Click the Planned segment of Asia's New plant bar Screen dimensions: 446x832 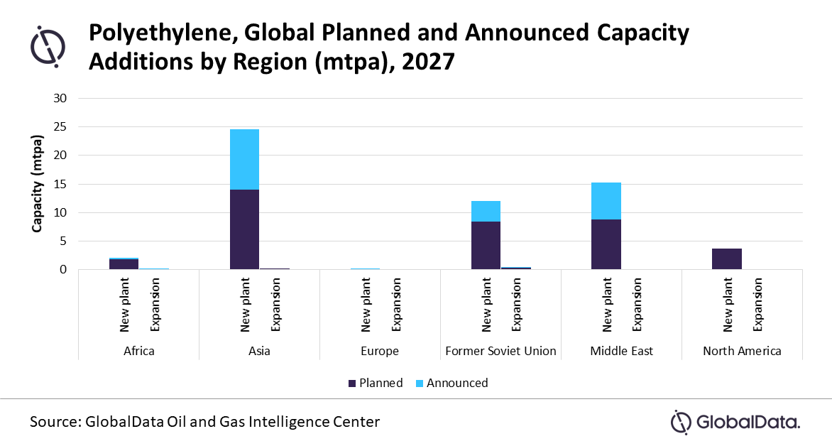(x=244, y=229)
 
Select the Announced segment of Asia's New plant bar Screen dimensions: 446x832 (x=244, y=159)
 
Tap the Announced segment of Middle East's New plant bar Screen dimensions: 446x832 (x=606, y=201)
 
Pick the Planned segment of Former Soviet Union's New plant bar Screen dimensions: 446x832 (x=486, y=245)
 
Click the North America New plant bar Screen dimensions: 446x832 (x=726, y=259)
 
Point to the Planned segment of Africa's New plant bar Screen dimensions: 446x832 (x=124, y=264)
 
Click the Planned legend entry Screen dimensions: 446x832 (x=376, y=383)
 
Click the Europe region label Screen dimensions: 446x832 (x=380, y=351)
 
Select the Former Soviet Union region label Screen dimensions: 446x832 (x=500, y=351)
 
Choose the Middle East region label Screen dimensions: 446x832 (x=621, y=351)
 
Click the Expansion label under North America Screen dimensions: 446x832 (x=757, y=304)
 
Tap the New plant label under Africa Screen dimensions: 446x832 (x=124, y=304)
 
